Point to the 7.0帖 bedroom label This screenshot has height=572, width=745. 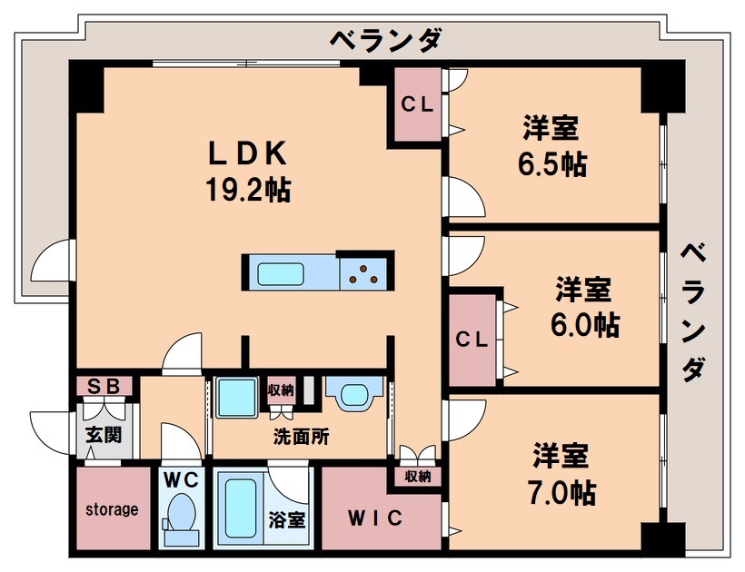point(561,473)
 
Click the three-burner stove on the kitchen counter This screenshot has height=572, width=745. point(367,271)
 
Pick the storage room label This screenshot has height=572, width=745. point(113,509)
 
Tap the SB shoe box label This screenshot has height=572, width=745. point(104,386)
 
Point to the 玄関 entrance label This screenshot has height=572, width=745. point(104,435)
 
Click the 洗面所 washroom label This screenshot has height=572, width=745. point(301,436)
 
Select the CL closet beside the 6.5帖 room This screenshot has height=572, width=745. point(417,104)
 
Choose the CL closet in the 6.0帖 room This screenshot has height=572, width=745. point(472,340)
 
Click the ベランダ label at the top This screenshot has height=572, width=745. point(385,41)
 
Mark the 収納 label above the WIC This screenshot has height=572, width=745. point(418,476)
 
